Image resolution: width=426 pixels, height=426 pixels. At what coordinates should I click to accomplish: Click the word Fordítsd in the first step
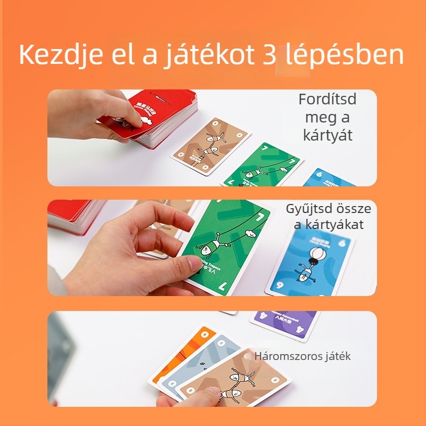(x=327, y=100)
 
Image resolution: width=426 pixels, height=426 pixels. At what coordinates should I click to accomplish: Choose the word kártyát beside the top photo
(x=327, y=135)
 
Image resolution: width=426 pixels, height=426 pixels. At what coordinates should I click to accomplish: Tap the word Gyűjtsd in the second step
(x=308, y=209)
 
